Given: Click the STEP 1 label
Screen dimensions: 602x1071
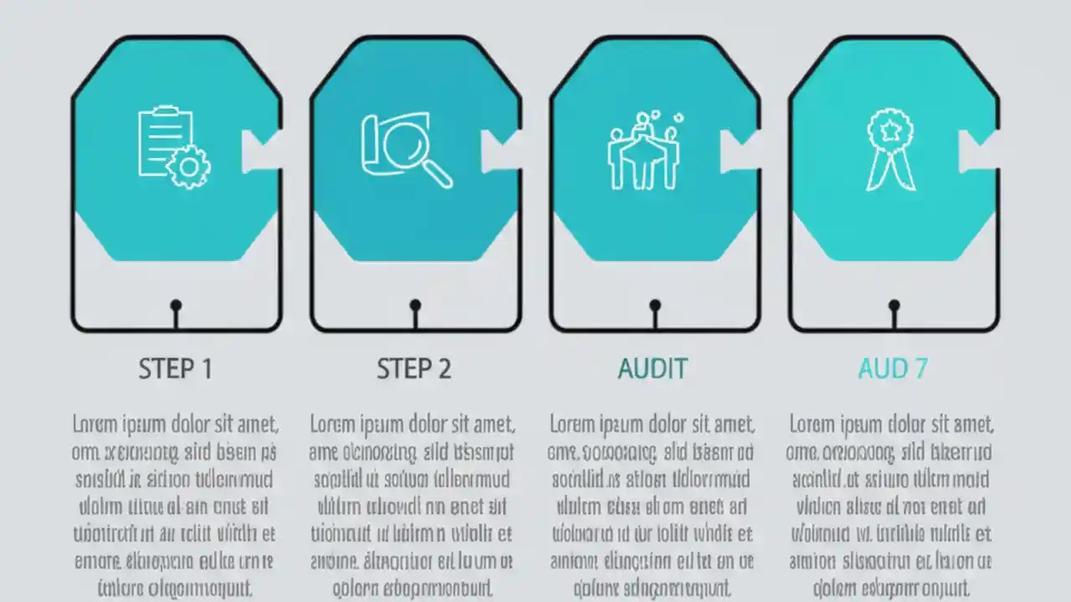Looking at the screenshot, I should (x=175, y=369).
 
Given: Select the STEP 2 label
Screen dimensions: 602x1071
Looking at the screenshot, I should (x=413, y=369).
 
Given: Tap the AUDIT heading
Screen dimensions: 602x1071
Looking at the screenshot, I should (x=653, y=369).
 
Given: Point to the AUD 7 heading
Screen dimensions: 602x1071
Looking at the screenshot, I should (x=893, y=369).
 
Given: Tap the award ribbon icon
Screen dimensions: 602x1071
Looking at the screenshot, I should (x=890, y=149).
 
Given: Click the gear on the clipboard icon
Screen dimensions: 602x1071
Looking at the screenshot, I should (x=189, y=166).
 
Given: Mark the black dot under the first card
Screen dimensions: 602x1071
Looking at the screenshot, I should (x=176, y=306).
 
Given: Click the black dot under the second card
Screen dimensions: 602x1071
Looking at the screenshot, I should (x=415, y=306).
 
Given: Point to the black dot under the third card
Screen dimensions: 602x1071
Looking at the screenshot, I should (x=654, y=306).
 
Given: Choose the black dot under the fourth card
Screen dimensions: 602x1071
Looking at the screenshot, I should (x=894, y=306).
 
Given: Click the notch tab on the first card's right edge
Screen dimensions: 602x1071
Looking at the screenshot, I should (x=260, y=151).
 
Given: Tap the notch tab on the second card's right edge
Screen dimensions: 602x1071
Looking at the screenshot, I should (x=500, y=151).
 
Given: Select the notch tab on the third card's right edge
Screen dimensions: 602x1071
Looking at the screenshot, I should (x=739, y=151).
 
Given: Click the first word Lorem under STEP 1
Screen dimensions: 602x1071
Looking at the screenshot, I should (x=95, y=424).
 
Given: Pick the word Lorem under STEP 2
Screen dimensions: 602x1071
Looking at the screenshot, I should (x=332, y=424).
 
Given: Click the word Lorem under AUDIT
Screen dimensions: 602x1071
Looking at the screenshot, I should (x=572, y=424).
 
